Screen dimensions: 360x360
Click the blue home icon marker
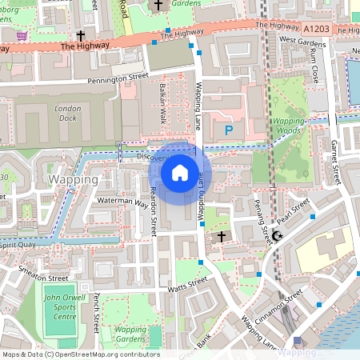pos(180,172)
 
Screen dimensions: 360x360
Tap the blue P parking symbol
pos(229,129)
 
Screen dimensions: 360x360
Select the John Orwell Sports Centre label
pos(60,306)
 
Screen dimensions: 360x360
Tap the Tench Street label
pos(97,310)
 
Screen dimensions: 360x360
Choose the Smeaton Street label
pos(44,274)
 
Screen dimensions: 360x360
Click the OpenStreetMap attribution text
pos(80,354)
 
